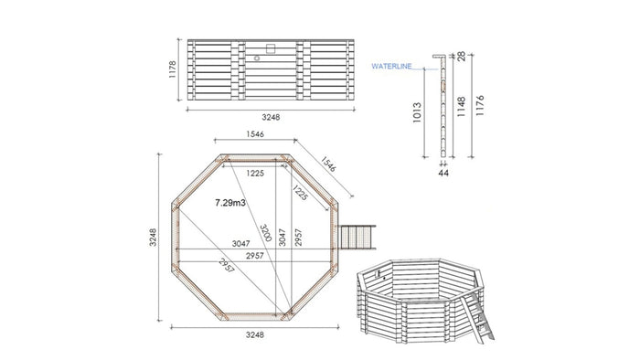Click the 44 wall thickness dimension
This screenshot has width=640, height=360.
coord(443,172)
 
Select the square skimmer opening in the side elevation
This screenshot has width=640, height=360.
coord(270,48)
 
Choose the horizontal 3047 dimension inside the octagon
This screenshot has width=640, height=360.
coord(240,244)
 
